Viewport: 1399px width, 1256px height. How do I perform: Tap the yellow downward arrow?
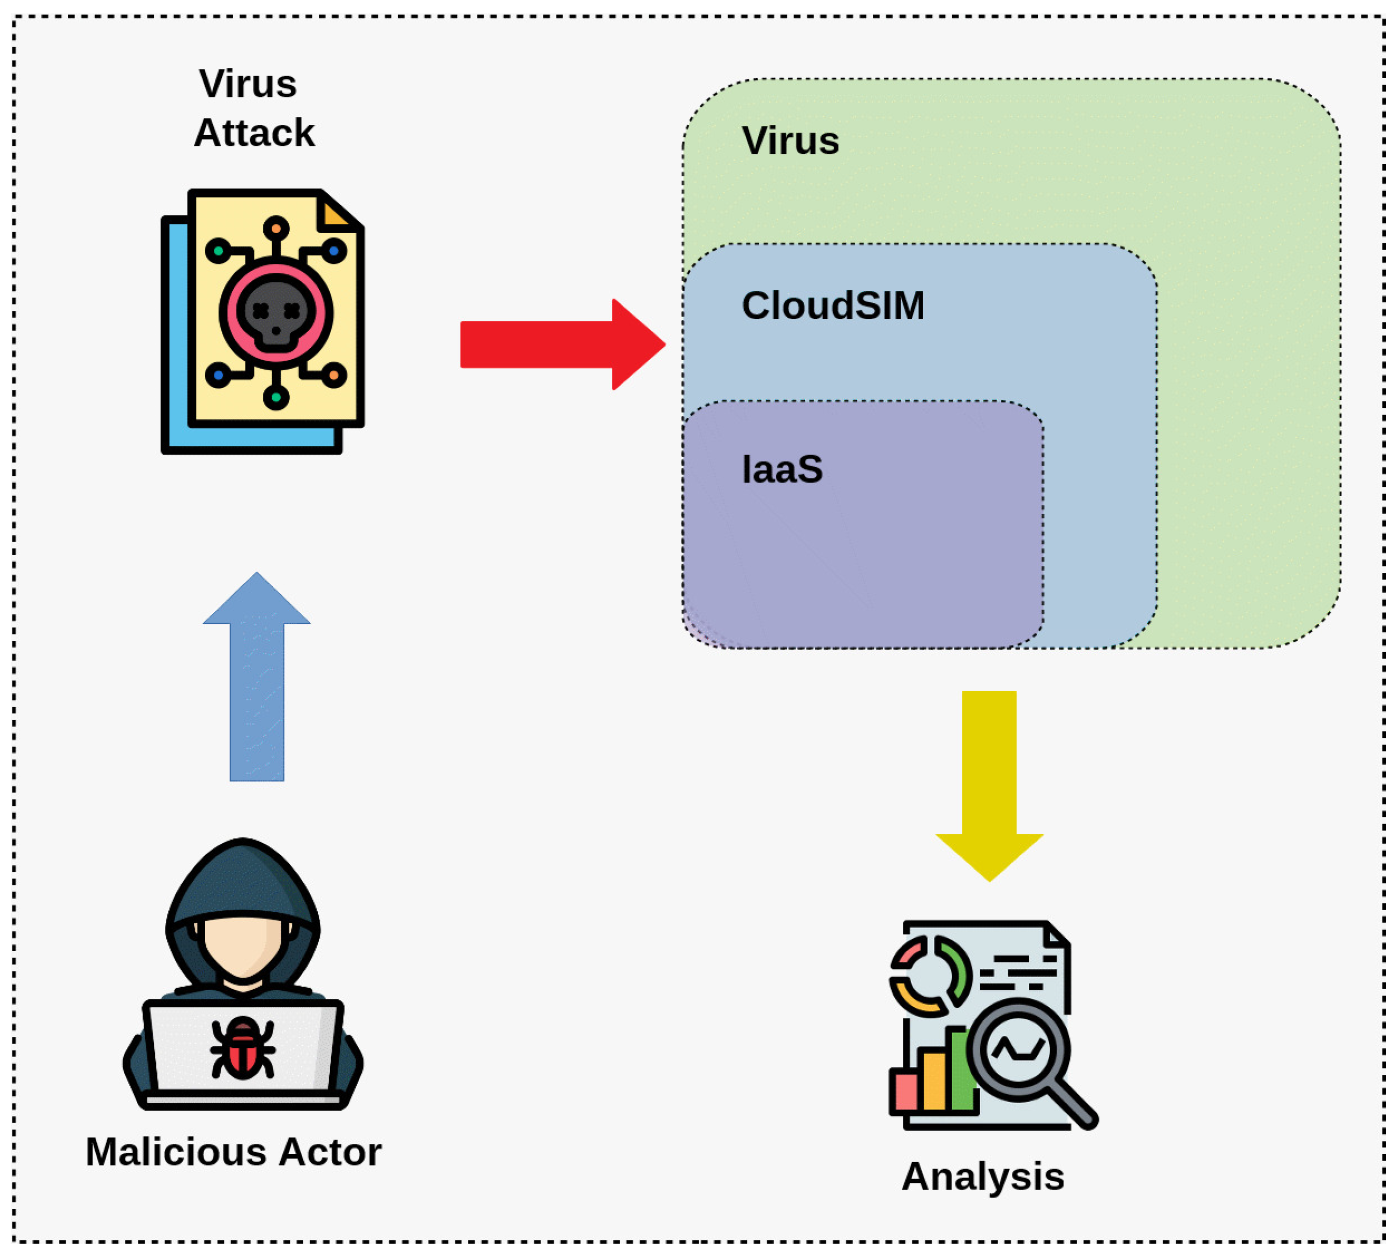click(x=989, y=780)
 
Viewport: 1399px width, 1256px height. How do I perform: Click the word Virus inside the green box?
click(x=790, y=141)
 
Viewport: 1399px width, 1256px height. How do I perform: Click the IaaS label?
click(x=781, y=469)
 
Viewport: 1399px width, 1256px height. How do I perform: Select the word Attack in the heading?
click(x=254, y=132)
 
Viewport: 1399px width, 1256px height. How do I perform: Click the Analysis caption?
click(x=982, y=1176)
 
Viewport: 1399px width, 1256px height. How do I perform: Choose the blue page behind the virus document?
click(x=175, y=345)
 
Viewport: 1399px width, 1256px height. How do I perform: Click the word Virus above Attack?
click(x=248, y=84)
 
